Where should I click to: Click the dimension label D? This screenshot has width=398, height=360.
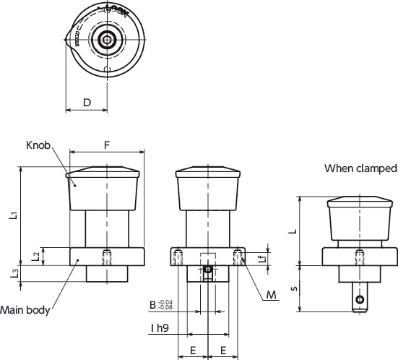tap(87, 103)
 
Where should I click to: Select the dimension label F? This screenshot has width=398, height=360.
tap(107, 145)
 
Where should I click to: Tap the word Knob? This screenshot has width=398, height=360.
tap(38, 145)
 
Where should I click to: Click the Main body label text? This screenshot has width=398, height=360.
tap(25, 311)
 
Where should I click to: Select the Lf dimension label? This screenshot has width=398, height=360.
tap(263, 257)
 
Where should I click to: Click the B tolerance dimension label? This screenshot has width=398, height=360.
tap(160, 305)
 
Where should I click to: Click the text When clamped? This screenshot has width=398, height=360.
tap(360, 168)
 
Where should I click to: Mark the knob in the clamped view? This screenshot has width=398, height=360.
tap(359, 217)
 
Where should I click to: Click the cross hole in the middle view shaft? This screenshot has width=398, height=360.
tap(208, 270)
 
